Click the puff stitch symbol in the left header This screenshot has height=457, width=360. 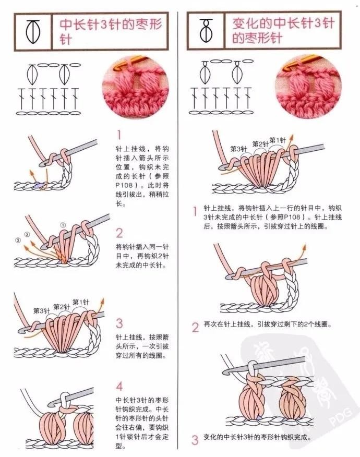(33, 32)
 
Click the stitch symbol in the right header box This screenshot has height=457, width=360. (206, 30)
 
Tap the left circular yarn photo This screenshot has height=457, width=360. (136, 86)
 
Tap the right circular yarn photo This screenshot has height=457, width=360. (308, 86)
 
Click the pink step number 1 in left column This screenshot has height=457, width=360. (119, 135)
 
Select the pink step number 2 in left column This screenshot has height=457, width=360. (119, 233)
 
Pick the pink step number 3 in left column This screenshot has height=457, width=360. (119, 323)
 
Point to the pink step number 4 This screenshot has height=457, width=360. (119, 387)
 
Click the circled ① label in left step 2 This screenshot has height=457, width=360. (63, 225)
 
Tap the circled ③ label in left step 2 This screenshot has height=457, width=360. (18, 240)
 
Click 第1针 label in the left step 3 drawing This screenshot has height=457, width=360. (81, 302)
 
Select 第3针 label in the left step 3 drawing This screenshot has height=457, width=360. (41, 311)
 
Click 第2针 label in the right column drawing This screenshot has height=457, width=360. (260, 144)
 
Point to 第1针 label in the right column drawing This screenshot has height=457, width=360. (278, 140)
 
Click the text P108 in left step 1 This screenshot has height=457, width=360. (124, 185)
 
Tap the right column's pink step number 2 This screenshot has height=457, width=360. (195, 327)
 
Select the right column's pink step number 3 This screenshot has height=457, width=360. (195, 439)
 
